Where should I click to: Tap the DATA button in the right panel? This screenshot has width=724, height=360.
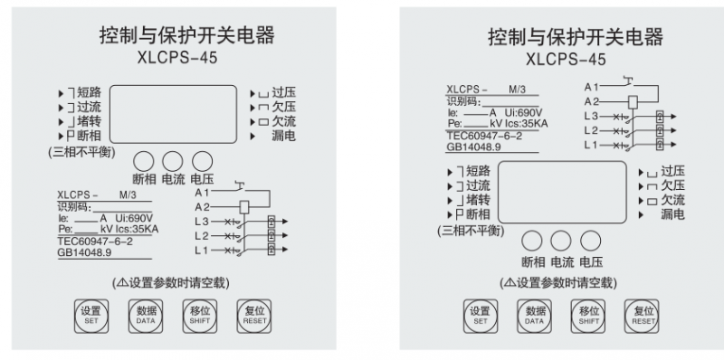pos(534,317)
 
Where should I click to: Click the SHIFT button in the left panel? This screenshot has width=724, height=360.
pos(200,317)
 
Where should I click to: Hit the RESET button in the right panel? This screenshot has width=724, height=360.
pos(642,317)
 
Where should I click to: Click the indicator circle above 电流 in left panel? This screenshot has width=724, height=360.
pos(173,162)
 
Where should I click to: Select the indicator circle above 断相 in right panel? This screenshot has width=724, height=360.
pos(532,242)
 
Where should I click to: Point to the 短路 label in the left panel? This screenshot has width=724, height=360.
pos(89,93)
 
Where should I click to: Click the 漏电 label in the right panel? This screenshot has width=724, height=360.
pos(672,214)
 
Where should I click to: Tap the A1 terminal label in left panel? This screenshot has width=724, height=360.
pos(202,193)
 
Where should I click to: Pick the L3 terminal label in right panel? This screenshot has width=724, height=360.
pos(591,117)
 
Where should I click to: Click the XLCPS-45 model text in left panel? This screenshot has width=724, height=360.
pos(177,59)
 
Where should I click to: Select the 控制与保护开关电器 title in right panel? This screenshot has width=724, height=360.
pos(576,37)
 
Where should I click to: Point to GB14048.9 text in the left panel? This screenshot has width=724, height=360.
pos(84,252)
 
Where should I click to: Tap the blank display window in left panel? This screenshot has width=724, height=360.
pos(173,114)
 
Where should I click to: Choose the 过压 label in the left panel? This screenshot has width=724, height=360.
pos(283,93)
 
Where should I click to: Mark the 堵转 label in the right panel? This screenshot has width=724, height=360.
pos(478,200)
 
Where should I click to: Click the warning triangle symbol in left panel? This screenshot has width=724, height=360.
pos(122,282)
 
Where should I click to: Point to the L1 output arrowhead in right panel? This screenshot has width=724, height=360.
pos(673,145)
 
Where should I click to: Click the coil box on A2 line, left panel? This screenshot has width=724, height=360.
pos(244,207)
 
